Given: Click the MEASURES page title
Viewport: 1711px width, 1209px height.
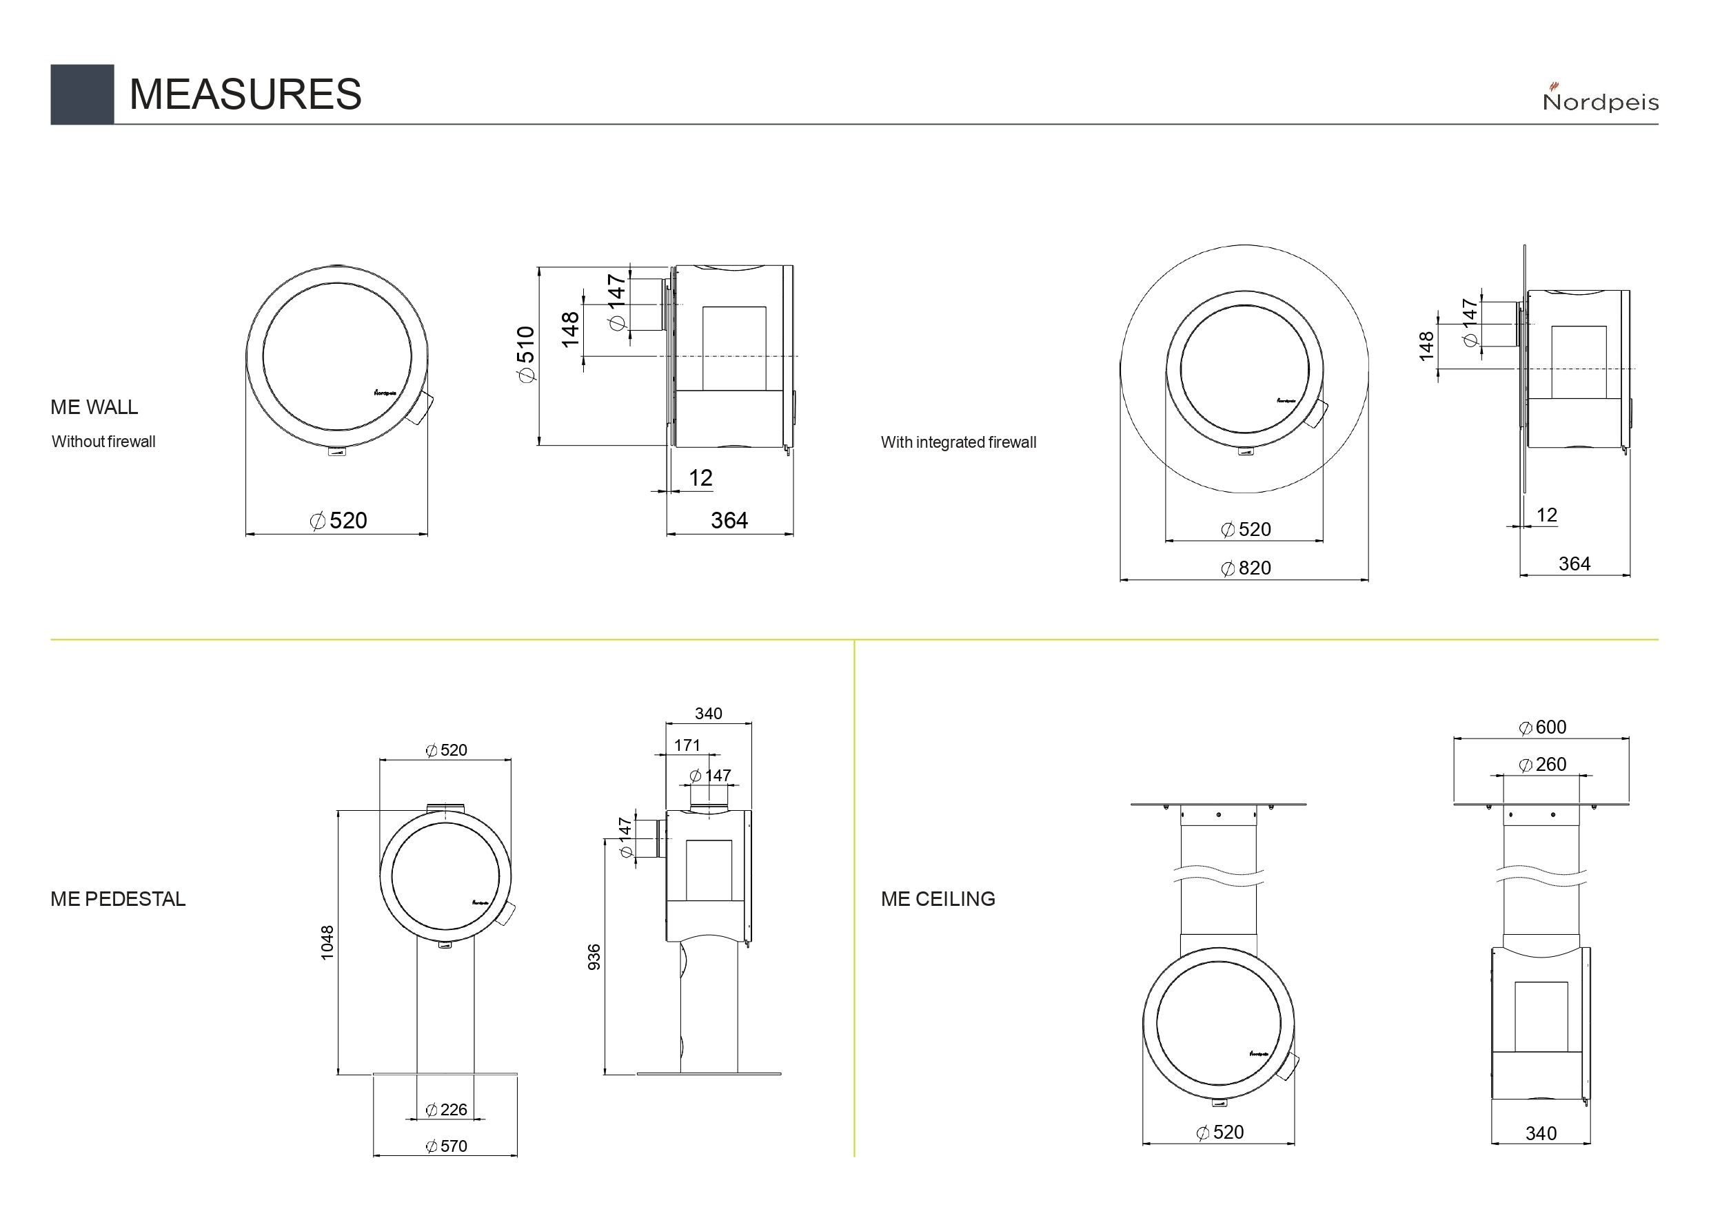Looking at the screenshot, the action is pos(245,94).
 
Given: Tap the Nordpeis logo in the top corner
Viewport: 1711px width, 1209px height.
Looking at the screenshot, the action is pos(1600,98).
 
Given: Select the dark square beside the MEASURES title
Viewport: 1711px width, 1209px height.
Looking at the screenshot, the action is pos(82,94).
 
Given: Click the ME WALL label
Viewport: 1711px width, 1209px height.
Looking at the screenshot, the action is pos(94,406).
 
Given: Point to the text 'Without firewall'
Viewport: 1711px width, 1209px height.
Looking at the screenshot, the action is pos(103,441).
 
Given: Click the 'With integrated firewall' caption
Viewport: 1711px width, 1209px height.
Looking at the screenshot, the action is pos(958,442).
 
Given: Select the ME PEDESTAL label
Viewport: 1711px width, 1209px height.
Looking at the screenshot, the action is pos(118,898).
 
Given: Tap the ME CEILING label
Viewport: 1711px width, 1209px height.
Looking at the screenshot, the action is pos(938,898).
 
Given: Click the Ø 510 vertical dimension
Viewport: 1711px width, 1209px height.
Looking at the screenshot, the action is pos(525,355).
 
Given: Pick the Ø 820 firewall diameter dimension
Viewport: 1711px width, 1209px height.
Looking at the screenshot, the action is pos(1246,568).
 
